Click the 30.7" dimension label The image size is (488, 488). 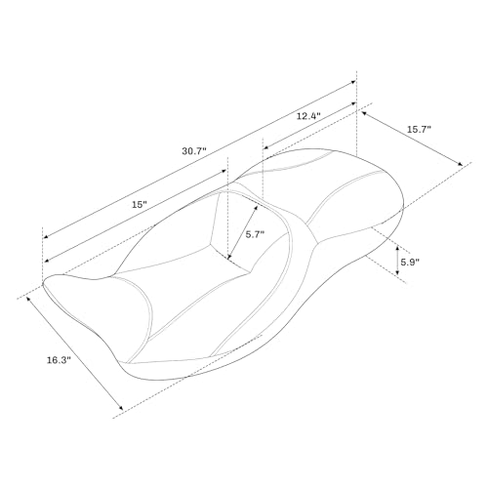[194, 151]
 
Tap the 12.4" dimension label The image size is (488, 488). [308, 116]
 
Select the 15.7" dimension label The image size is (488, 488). [419, 129]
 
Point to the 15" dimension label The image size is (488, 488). [140, 205]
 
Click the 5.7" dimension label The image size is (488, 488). [255, 234]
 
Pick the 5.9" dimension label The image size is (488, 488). [410, 263]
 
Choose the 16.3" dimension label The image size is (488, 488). [59, 360]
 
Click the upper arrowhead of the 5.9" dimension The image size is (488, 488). [397, 249]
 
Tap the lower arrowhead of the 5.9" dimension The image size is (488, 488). [397, 272]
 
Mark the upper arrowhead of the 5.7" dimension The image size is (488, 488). [256, 208]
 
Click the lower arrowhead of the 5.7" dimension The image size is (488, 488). [229, 258]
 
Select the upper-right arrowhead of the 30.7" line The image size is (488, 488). [353, 82]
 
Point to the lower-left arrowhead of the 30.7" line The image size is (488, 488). [46, 236]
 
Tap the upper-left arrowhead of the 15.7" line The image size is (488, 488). [364, 113]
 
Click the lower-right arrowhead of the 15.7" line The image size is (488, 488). [460, 164]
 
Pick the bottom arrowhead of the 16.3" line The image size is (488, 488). [121, 408]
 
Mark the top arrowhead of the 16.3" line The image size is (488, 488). [28, 299]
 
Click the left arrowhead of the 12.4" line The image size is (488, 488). [265, 147]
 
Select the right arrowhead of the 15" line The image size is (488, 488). [224, 171]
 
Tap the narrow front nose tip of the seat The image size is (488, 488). [44, 284]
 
